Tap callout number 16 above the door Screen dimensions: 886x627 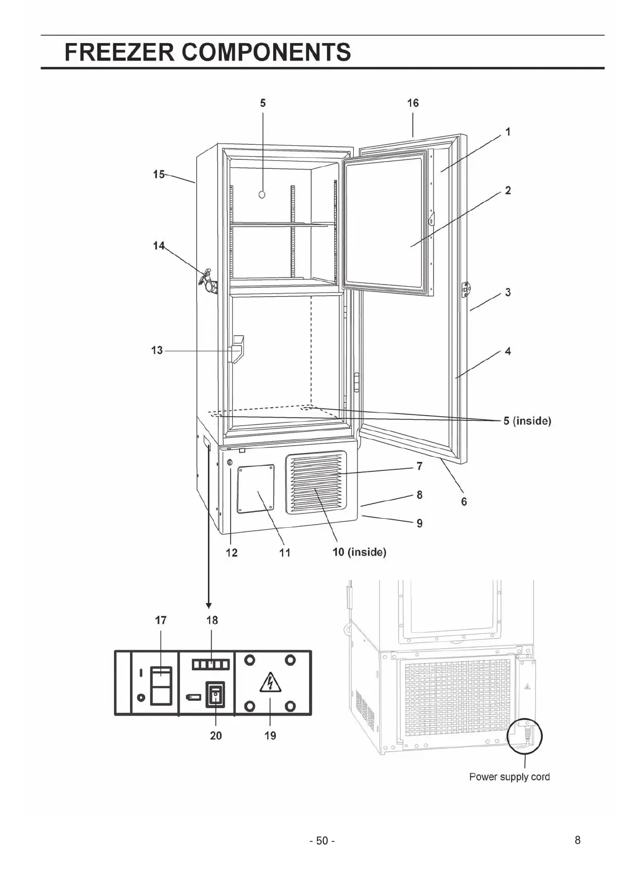click(x=413, y=103)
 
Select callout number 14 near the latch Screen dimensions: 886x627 click(x=158, y=246)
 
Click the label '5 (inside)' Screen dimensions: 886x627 click(x=527, y=421)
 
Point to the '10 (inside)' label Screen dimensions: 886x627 click(x=360, y=552)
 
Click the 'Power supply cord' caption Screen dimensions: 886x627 click(x=509, y=777)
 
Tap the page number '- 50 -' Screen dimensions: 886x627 click(x=322, y=841)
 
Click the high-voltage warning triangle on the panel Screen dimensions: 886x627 click(x=270, y=683)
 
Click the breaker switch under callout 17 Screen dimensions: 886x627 click(x=161, y=685)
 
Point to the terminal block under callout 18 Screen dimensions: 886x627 click(x=211, y=665)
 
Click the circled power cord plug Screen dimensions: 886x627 click(x=524, y=735)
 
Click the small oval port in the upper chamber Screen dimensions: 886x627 click(x=262, y=195)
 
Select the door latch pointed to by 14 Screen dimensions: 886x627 click(x=208, y=281)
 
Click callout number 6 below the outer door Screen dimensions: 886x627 click(x=464, y=502)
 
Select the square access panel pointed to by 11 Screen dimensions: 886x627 click(x=256, y=489)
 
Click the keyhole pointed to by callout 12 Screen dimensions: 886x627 click(x=230, y=462)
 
